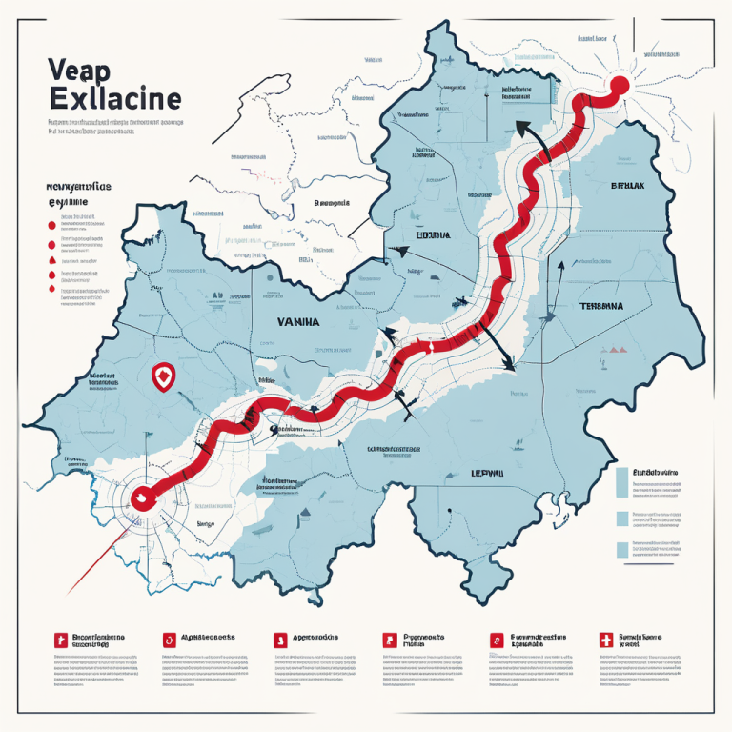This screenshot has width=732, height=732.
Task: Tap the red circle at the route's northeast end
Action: coord(618,86)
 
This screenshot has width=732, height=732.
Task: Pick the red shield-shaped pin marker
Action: coord(163,377)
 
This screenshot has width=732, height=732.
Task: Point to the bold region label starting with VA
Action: coord(298,323)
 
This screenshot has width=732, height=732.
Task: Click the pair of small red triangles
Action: coord(615,350)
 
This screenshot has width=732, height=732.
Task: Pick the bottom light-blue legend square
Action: coord(622,549)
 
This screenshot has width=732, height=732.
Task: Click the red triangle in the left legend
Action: coord(49,259)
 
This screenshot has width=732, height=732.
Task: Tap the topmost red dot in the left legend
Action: coord(49,225)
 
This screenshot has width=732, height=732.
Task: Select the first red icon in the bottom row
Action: coord(61,640)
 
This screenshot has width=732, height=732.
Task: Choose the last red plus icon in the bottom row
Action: coord(602,640)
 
